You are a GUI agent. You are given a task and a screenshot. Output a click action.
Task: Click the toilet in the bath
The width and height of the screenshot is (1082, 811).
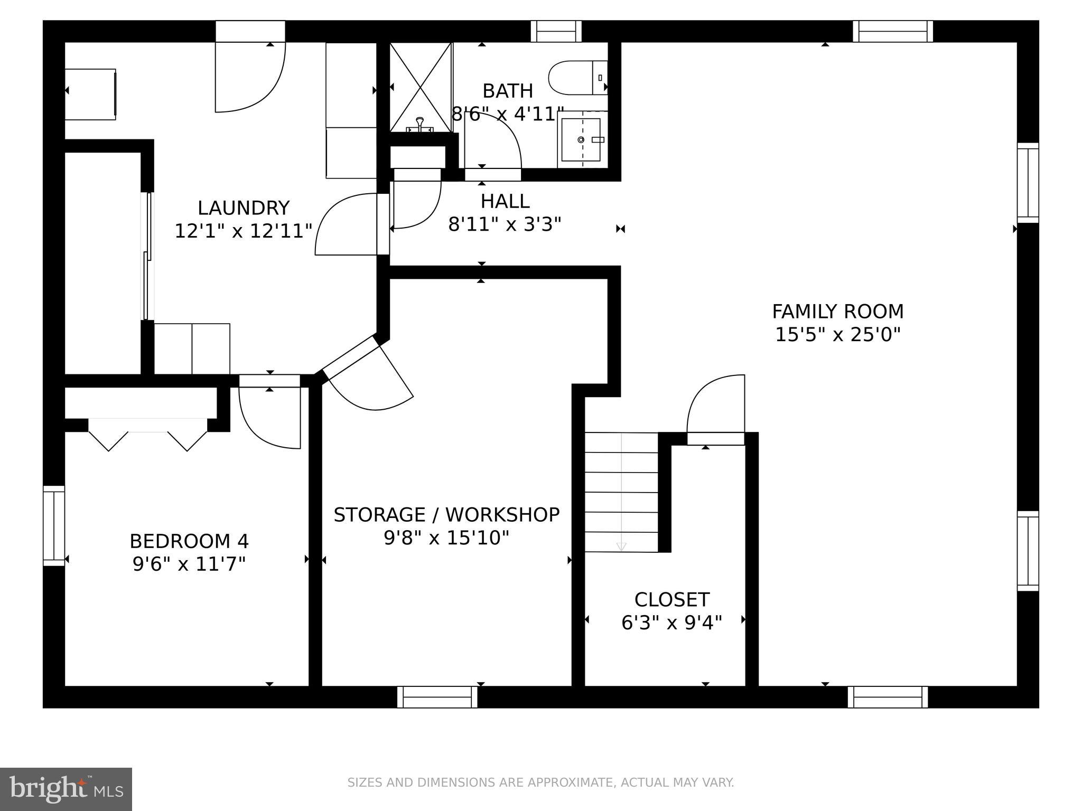pos(576,78)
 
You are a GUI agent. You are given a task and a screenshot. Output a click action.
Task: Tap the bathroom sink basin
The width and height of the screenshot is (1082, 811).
pos(580,139)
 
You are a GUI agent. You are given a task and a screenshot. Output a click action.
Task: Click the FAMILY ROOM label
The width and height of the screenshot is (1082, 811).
pos(837,312)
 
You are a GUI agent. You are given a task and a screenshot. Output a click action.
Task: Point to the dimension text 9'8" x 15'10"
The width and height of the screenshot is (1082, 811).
pos(446,538)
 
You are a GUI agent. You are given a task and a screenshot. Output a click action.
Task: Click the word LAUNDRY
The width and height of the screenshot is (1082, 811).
pos(244,208)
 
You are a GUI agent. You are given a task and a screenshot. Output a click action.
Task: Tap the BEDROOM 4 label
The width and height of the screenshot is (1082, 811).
pos(189,541)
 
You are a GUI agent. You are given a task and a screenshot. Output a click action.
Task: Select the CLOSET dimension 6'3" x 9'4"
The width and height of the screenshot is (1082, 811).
pos(671,623)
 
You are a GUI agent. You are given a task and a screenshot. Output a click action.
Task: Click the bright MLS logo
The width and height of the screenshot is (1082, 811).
pos(66,789)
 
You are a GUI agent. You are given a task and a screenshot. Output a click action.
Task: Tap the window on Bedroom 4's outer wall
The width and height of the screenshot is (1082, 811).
pos(53,525)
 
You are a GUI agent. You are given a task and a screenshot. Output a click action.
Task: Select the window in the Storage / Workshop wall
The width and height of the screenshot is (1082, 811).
pos(437,697)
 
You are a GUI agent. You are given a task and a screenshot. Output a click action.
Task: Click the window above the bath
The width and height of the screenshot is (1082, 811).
pos(556,31)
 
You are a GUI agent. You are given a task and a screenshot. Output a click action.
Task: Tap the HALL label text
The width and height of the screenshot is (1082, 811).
pos(505,201)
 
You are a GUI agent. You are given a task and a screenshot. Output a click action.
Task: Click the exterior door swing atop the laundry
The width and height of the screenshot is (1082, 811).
pos(250,74)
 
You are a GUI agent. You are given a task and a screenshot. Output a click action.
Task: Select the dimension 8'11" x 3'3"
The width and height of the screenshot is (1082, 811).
pos(504,225)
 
